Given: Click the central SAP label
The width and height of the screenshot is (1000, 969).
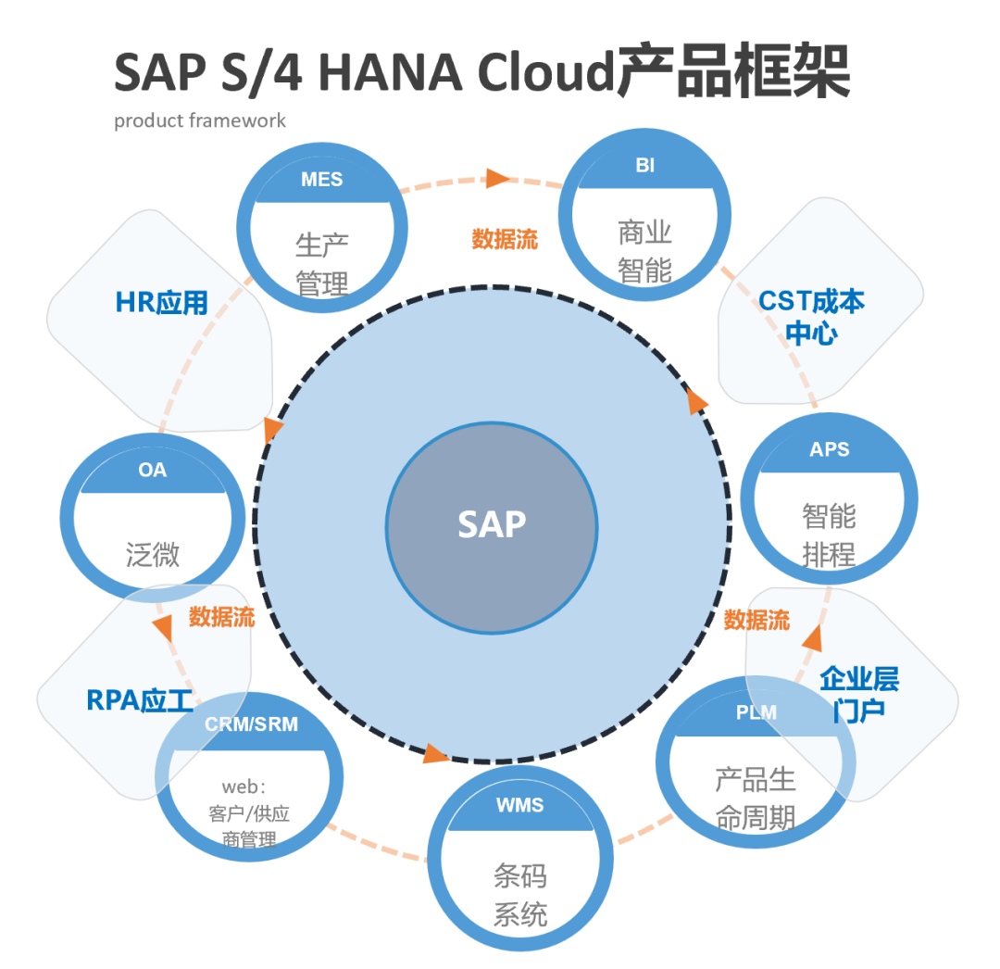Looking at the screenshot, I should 492,524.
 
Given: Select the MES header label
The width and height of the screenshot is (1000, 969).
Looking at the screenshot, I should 321,180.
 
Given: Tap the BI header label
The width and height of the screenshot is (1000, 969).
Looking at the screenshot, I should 645,166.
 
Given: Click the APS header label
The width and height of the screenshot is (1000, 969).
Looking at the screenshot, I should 829,449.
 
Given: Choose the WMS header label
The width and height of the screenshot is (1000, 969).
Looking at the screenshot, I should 519,805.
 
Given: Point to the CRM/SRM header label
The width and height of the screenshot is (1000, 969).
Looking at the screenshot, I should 251,724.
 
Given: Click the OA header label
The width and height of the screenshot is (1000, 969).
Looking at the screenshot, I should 153,471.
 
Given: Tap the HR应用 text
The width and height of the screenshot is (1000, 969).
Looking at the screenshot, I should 162,303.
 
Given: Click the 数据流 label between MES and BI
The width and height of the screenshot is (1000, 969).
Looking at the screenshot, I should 505,239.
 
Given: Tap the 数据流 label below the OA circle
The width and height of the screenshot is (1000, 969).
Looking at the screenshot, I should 221,617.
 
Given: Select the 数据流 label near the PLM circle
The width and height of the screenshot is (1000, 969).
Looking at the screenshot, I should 756,620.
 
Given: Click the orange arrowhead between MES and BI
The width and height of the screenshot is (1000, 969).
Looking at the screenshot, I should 498,178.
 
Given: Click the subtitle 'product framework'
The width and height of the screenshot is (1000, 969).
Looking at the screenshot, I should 200,120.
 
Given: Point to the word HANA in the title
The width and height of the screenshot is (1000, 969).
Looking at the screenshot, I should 390,72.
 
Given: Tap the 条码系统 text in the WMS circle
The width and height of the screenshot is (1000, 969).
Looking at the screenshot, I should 519,895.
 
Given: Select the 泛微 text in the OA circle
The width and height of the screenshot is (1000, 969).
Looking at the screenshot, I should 153,555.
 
